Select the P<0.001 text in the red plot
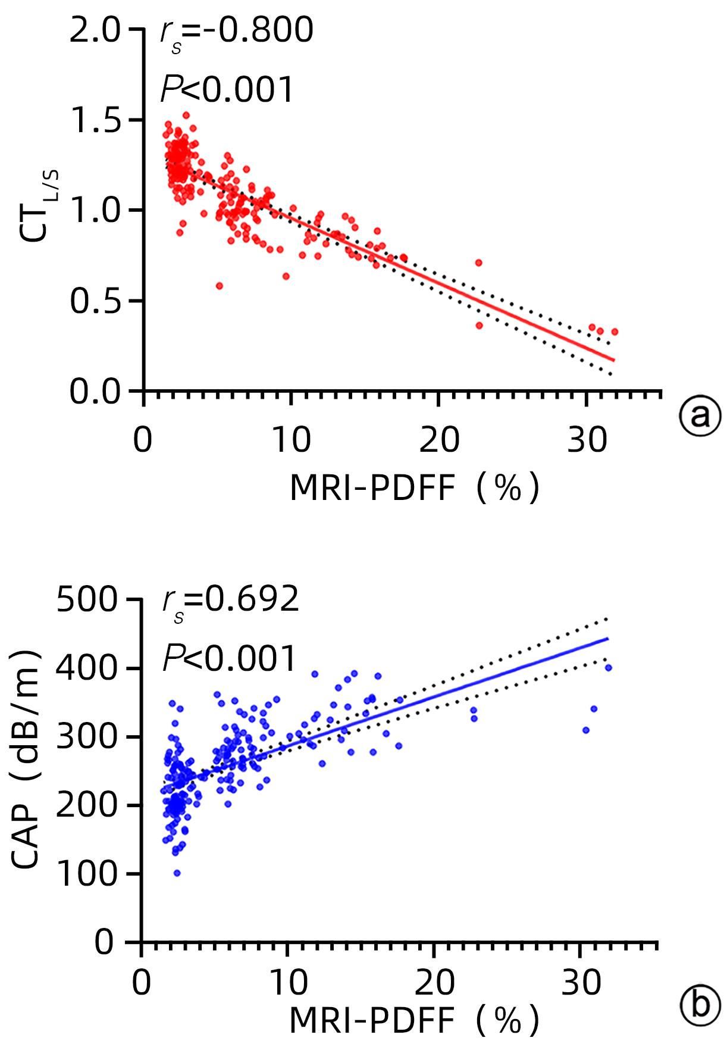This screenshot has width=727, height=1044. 227,90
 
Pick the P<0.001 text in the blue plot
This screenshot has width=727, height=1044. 229,659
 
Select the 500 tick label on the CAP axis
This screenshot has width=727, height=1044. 87,601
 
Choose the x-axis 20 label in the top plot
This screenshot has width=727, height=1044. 439,442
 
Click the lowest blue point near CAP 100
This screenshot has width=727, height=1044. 177,873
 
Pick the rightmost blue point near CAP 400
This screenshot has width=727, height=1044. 608,668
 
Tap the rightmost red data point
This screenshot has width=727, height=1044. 615,332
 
